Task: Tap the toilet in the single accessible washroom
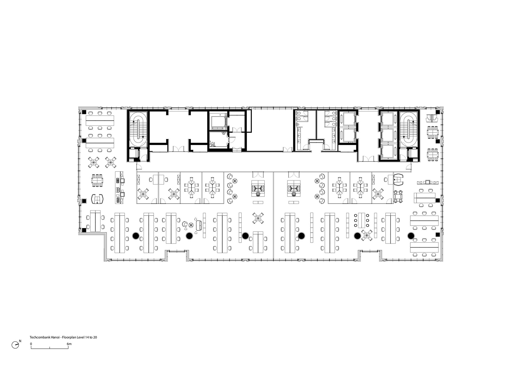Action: pos(212,143)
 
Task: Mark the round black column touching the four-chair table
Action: pos(357,236)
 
